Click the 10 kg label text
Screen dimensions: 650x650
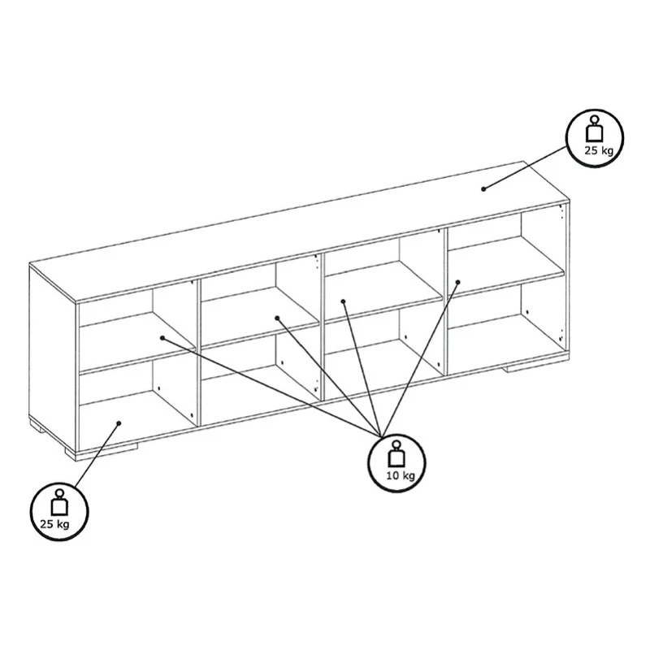coord(401,475)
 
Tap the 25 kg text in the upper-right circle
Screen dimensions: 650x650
coord(599,150)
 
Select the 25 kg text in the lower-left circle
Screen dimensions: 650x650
coord(54,524)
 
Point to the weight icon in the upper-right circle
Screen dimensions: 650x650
coord(596,129)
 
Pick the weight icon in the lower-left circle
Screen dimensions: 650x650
coord(59,502)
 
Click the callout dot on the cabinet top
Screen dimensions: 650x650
coord(483,189)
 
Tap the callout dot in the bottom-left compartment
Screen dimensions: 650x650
coord(119,423)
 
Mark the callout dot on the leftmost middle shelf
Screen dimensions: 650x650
coord(162,338)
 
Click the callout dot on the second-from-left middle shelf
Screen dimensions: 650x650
coord(277,318)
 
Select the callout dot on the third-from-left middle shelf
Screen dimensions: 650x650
coord(343,301)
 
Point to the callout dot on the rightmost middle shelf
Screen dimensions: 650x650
coord(458,282)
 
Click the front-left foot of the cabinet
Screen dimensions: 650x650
coord(102,453)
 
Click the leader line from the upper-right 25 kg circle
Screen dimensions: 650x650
coord(525,167)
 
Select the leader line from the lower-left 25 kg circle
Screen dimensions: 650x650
coord(96,456)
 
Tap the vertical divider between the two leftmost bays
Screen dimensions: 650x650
coord(198,353)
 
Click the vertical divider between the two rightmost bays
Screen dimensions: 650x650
coord(445,301)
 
